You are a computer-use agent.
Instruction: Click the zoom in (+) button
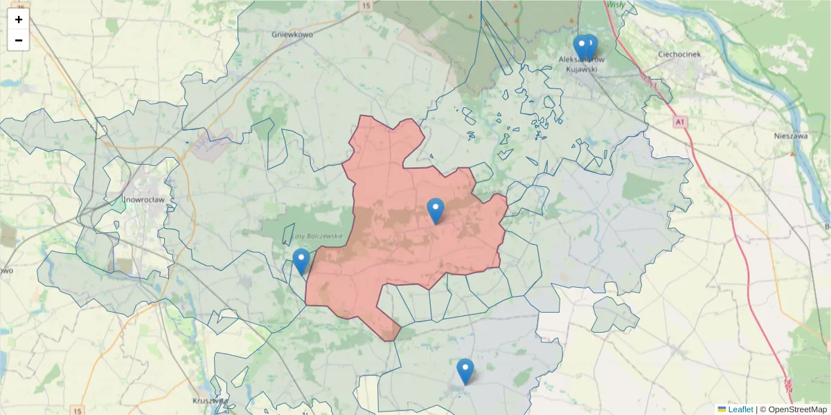[x=19, y=19]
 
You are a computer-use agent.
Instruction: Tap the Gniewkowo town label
[x=293, y=33]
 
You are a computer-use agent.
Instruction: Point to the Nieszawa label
[x=790, y=136]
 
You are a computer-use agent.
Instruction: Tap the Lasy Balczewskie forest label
[x=317, y=236]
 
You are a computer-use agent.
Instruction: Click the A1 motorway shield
[x=681, y=122]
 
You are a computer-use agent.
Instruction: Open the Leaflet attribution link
[x=740, y=409]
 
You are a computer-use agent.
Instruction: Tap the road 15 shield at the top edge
[x=366, y=6]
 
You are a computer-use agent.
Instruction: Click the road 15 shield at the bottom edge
[x=78, y=411]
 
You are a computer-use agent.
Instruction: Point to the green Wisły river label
[x=615, y=4]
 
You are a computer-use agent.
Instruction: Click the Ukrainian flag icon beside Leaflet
[x=722, y=409]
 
